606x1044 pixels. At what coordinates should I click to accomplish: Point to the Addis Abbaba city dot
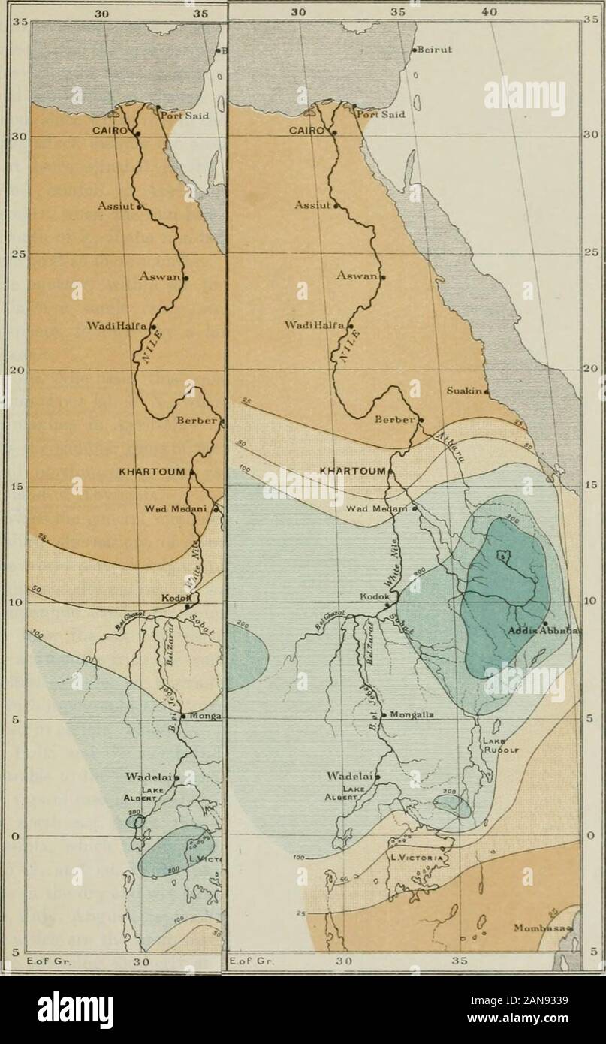[x=544, y=623]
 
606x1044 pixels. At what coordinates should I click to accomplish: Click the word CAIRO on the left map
[x=110, y=129]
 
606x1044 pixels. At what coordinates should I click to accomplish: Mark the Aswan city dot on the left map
[x=185, y=278]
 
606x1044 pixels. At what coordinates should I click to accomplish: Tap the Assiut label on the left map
[x=115, y=205]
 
